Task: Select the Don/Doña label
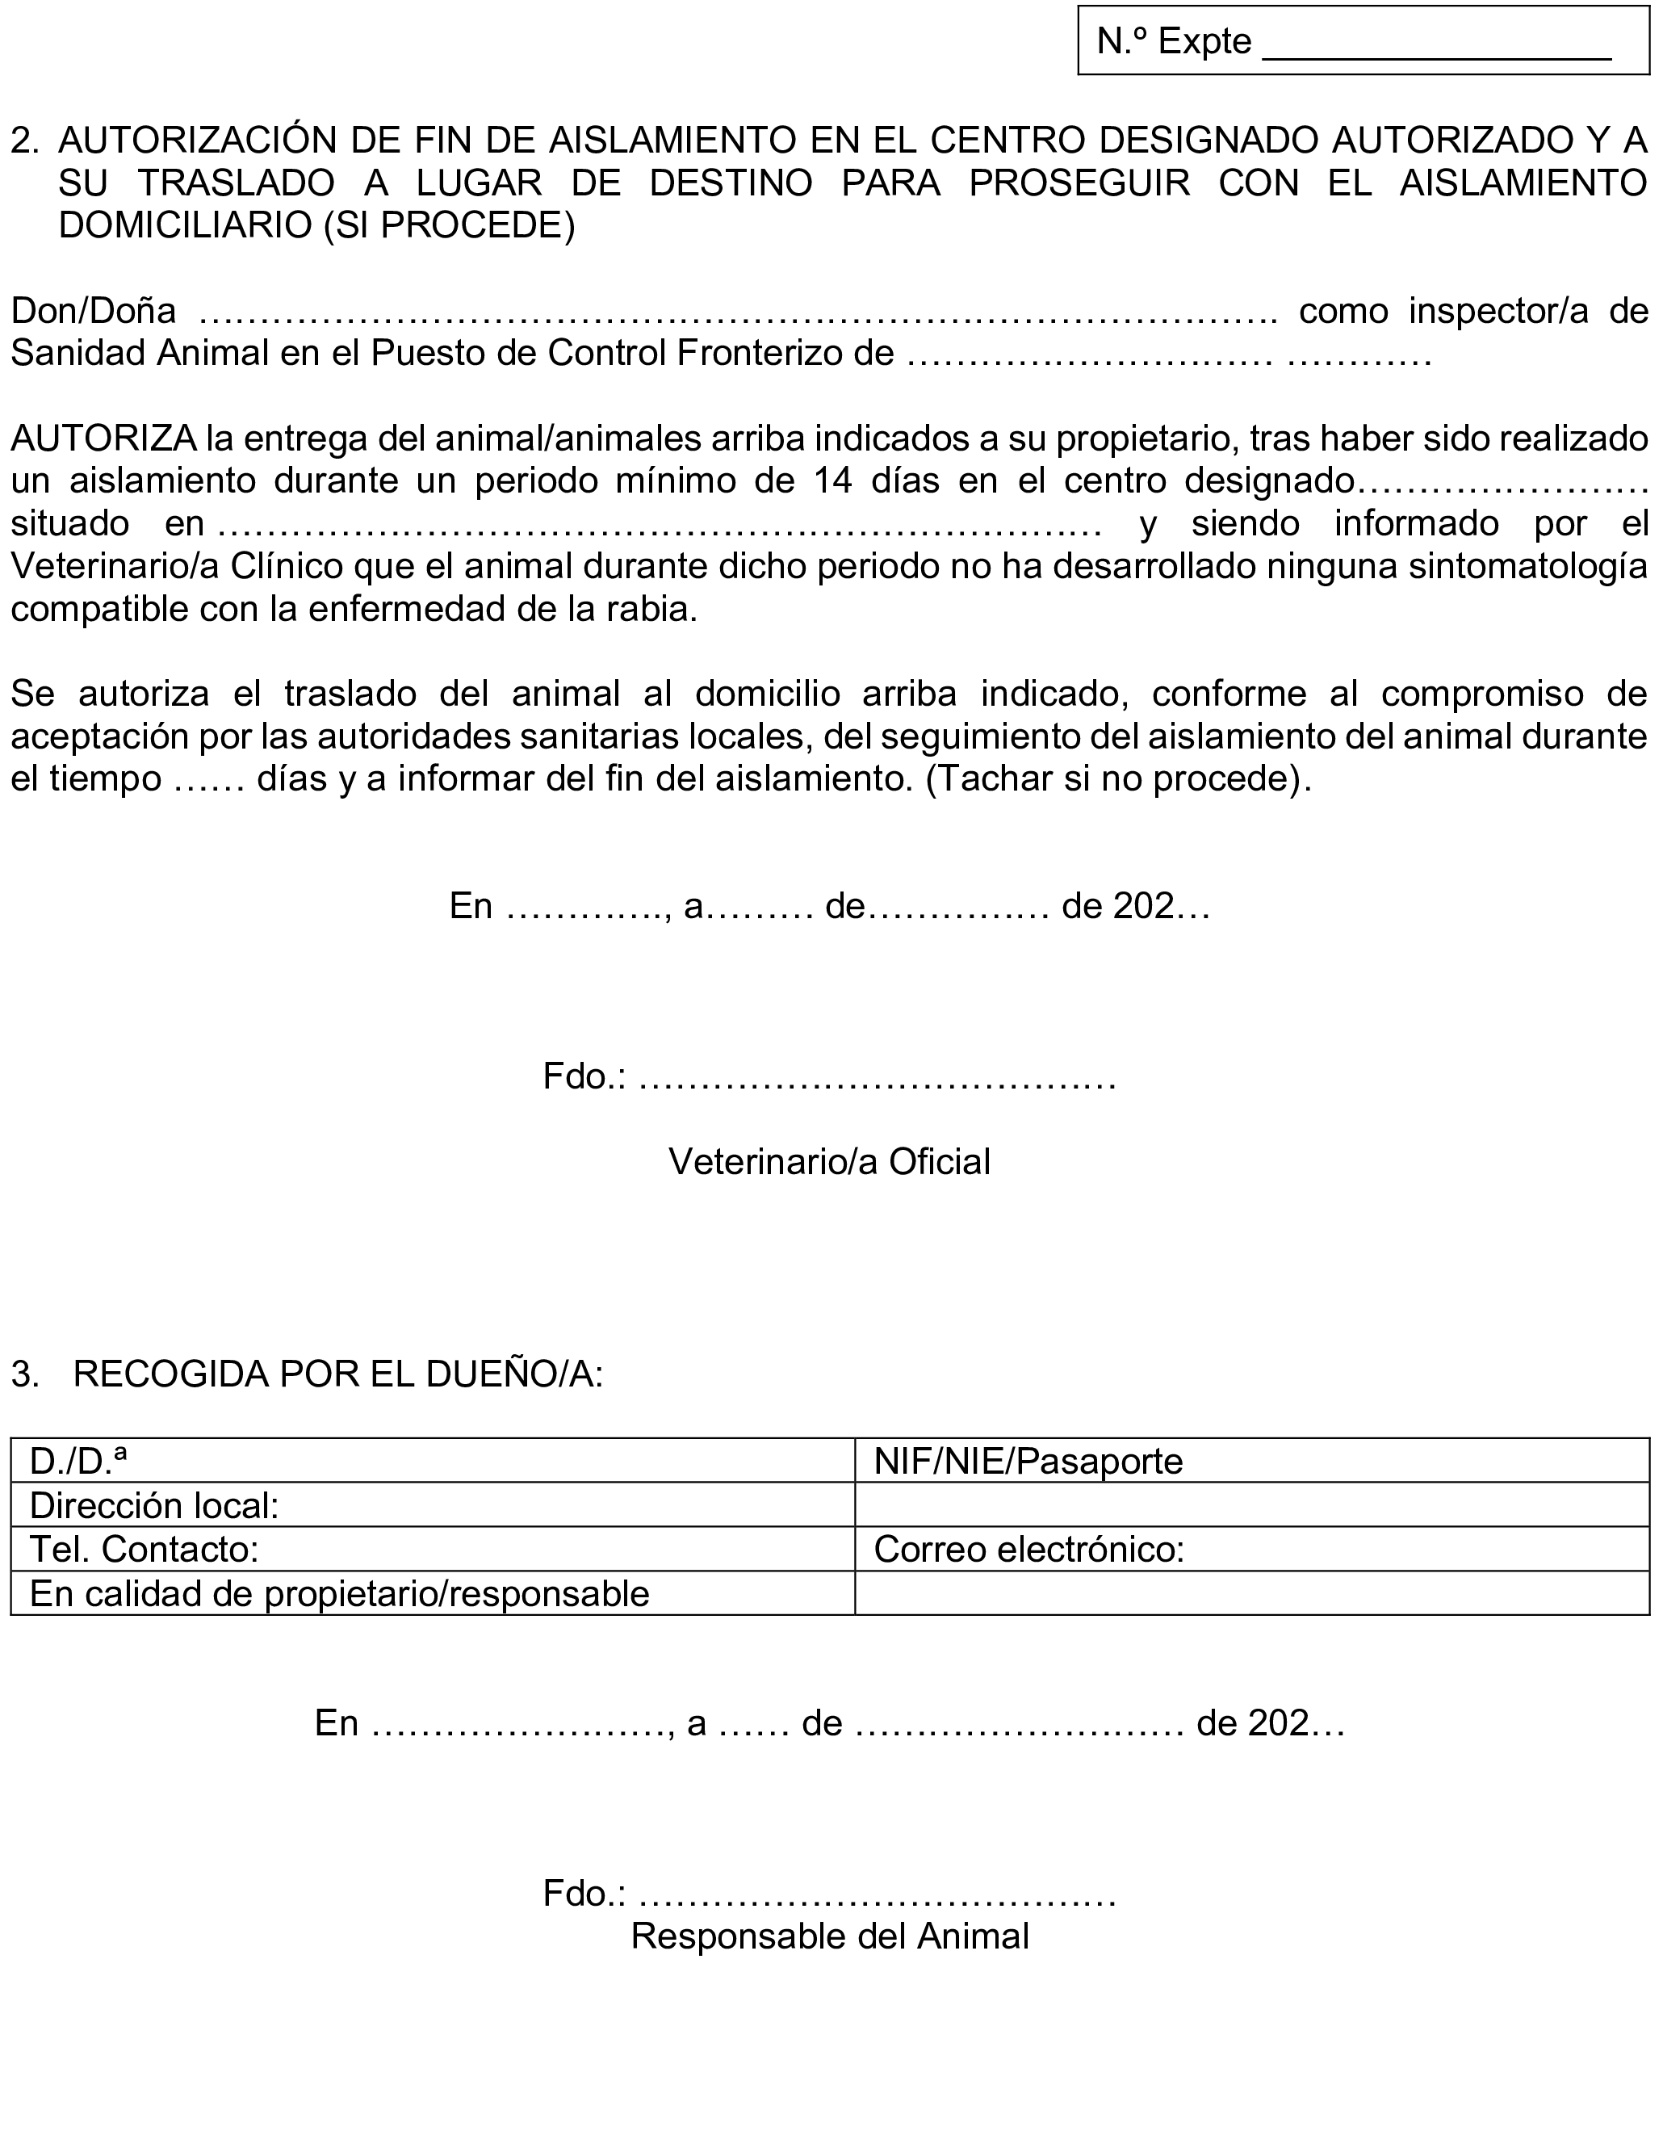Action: pos(94,311)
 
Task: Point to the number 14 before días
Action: pos(833,481)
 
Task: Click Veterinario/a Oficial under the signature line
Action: pos(829,1161)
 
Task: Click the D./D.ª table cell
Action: pos(433,1461)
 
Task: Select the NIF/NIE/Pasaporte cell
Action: pos(1251,1461)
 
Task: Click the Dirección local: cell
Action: pos(433,1504)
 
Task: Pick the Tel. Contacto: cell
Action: pos(433,1549)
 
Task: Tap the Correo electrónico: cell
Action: pos(1251,1549)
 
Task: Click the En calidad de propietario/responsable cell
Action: pos(433,1593)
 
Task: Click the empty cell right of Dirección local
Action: pos(1251,1504)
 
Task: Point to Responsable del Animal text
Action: pos(829,1936)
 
